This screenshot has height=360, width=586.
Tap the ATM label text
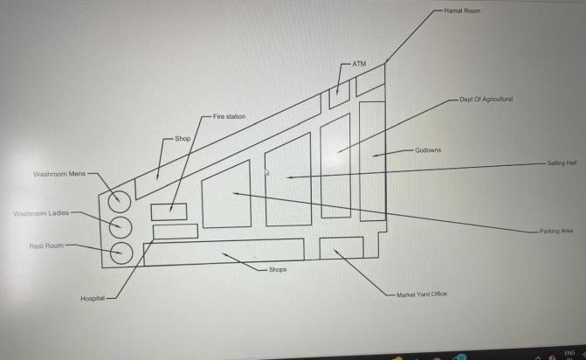tap(358, 64)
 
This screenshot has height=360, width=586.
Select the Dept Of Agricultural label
tap(486, 100)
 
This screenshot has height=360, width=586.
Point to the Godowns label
tap(428, 150)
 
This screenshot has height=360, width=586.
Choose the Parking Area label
tap(555, 231)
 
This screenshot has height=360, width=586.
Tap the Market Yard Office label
tap(422, 294)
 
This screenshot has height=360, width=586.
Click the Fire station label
tap(230, 116)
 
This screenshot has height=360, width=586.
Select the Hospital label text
tap(93, 299)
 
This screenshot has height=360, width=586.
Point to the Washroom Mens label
tap(59, 175)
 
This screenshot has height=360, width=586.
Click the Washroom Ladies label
tap(40, 213)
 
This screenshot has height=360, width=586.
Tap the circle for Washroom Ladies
tap(119, 228)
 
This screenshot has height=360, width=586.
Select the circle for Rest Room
tap(119, 253)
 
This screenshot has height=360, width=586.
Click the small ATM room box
tap(339, 96)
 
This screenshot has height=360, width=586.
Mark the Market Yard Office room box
tap(341, 247)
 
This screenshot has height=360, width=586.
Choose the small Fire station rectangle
tap(169, 211)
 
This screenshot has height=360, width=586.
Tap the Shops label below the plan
tap(278, 270)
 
